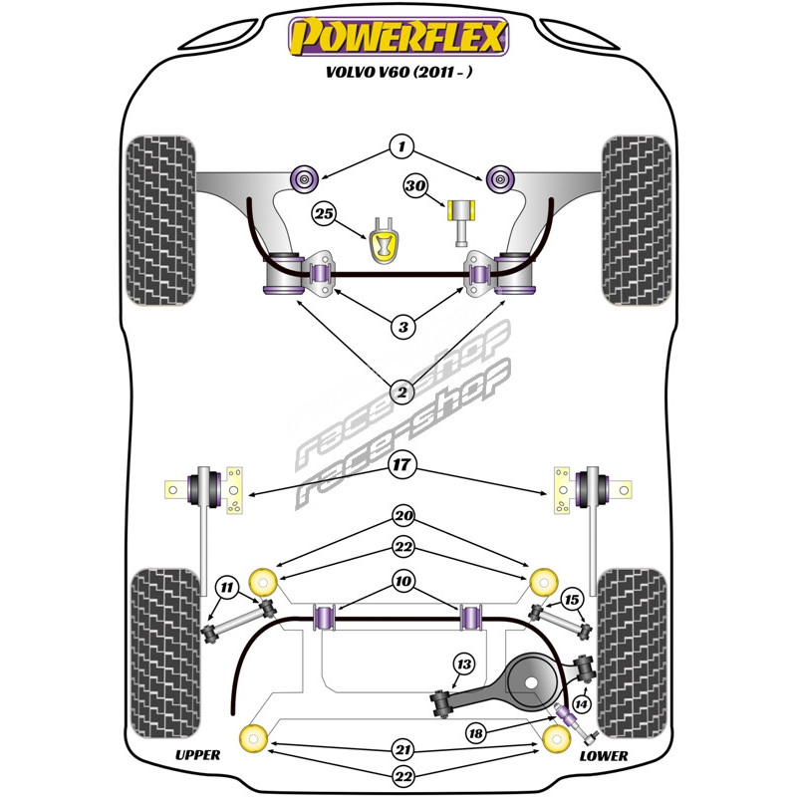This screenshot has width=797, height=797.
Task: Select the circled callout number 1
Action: coord(400,147)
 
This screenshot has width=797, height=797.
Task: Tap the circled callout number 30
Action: coord(415,185)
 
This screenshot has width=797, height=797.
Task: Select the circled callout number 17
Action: coord(400,463)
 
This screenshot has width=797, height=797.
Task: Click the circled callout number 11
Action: coord(227,587)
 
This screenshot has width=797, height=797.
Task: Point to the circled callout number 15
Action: coord(572,599)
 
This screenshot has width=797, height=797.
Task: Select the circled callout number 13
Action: coord(463,664)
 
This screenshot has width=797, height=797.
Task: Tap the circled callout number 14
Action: coord(582,704)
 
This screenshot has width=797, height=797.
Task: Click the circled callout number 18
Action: coord(479,733)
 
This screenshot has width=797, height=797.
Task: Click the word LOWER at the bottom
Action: coord(603,755)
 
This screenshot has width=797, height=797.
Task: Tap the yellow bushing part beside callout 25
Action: coord(381,242)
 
